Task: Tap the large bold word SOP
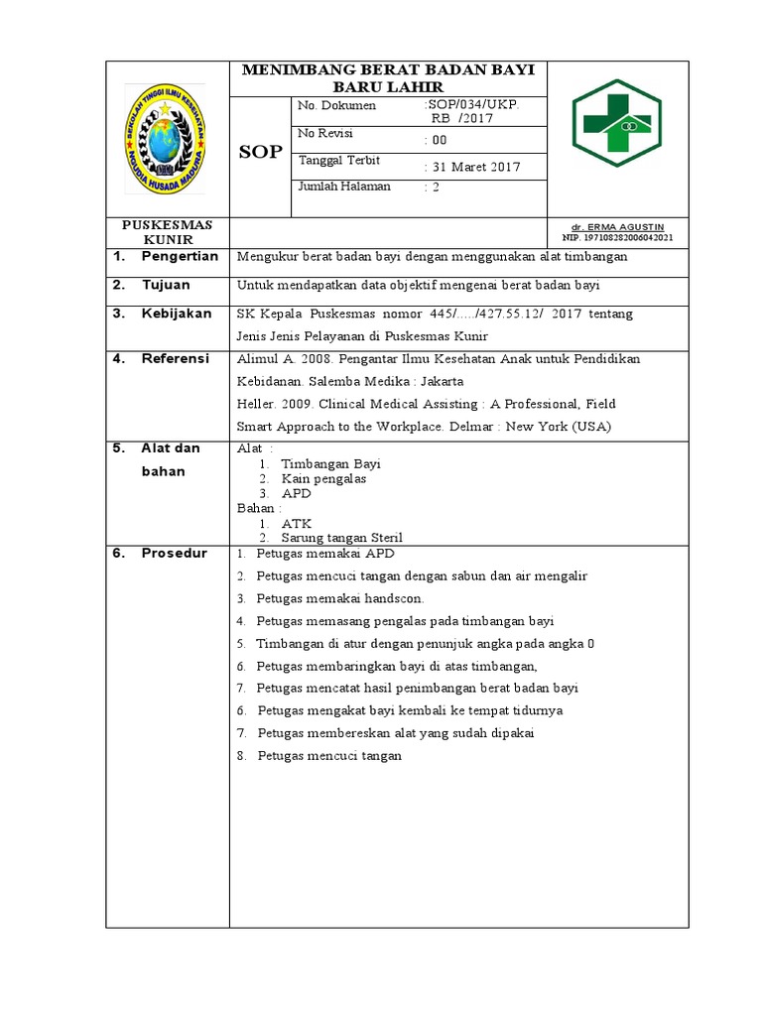coord(261,152)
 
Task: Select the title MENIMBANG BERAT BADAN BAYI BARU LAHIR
coord(388,77)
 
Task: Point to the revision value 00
coord(438,140)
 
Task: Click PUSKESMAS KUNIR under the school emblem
coord(167,232)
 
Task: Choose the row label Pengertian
coord(180,257)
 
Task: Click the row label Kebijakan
coord(177,314)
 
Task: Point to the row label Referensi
coord(176,359)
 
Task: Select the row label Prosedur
coord(175,554)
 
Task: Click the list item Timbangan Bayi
coord(330,463)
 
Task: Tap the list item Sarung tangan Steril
coord(341,538)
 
